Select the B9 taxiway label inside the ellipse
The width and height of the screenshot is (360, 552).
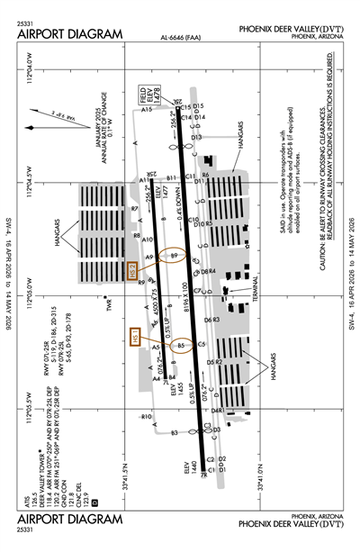click(176, 258)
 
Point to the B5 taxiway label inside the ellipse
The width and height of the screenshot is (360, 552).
click(181, 345)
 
